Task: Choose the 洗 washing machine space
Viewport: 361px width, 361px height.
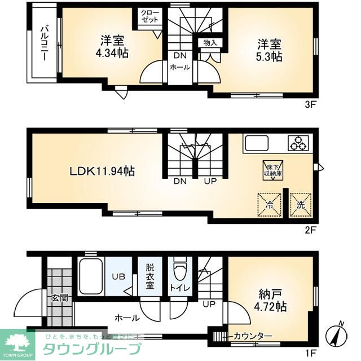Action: pyautogui.click(x=301, y=205)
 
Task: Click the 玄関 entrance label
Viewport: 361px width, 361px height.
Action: pyautogui.click(x=60, y=297)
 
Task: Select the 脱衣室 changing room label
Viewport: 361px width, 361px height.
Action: pyautogui.click(x=150, y=276)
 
